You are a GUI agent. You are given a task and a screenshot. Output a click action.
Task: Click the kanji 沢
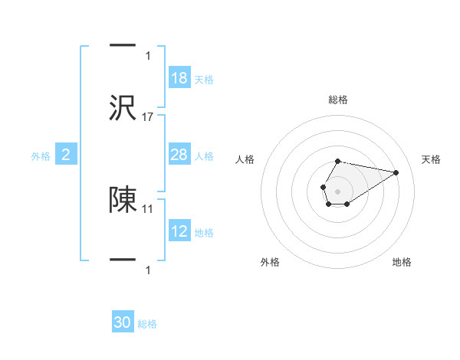coord(123,109)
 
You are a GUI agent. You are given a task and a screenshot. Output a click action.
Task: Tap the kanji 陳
coord(123,200)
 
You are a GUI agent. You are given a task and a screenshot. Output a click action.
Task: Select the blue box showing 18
coord(179,78)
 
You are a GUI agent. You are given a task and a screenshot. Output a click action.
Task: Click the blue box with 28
coord(179,155)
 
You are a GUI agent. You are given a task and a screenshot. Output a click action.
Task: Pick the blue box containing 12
coord(179,231)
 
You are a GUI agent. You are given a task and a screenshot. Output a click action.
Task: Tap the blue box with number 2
coord(66,155)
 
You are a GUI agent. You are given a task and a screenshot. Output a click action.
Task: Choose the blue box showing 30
coord(123,323)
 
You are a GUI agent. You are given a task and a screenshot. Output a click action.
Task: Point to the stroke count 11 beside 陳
coord(149,208)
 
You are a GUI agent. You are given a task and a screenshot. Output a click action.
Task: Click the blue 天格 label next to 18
coord(204,80)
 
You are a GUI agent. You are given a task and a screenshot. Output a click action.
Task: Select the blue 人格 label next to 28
coord(204,156)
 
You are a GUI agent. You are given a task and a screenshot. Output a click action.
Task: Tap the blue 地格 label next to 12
coord(204,233)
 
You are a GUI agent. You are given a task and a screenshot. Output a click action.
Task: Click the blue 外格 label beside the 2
coord(41,156)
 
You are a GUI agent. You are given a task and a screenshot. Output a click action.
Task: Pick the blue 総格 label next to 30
coord(147,325)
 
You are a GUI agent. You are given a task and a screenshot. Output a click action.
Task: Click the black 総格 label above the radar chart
coord(337,100)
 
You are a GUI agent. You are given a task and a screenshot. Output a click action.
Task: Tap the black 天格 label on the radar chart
coord(431,159)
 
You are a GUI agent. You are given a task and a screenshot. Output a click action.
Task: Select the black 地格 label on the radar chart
coord(402,262)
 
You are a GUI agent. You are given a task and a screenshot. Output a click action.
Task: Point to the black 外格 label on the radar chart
coord(270,262)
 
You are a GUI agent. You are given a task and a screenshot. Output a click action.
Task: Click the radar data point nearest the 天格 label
coord(396,172)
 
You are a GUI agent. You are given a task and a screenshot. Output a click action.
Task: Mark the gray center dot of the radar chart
coord(337,190)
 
